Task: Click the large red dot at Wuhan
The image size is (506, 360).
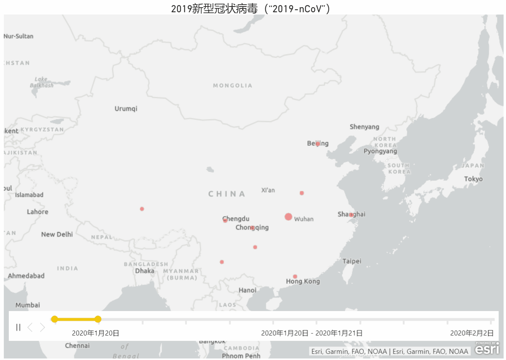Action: (288, 217)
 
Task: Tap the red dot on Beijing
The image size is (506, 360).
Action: (318, 144)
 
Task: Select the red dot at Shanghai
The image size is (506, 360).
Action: (351, 215)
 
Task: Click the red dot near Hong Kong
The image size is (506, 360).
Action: (295, 277)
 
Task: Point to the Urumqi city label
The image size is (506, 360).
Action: (126, 109)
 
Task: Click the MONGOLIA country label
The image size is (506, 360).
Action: (233, 86)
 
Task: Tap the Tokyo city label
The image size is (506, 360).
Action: (473, 179)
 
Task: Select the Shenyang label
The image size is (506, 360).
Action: (364, 127)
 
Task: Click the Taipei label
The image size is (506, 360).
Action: (352, 261)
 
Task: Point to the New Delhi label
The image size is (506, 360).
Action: (57, 235)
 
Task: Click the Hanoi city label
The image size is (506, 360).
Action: (247, 290)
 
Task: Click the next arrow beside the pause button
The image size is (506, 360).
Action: (42, 327)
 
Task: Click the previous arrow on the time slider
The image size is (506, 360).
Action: (30, 327)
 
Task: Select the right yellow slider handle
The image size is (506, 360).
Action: (98, 319)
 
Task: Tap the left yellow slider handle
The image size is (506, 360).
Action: (55, 319)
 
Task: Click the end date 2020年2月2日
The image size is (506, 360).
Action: (472, 333)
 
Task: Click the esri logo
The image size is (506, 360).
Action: (487, 348)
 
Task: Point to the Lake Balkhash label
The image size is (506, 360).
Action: (41, 82)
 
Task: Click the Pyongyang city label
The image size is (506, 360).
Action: (380, 151)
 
